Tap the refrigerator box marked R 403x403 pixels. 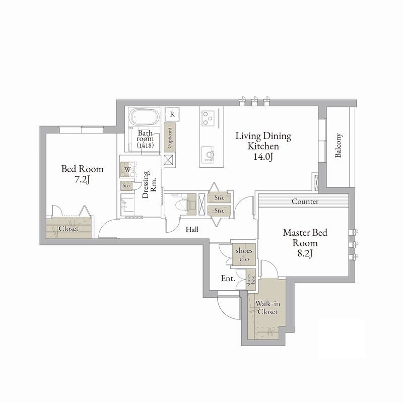pos(172,114)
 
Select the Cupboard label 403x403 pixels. pos(170,138)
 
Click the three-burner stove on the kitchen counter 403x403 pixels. pos(207,118)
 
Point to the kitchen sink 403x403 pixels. pos(208,154)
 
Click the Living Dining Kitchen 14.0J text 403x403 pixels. pos(263,146)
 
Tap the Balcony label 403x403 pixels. pos(338,145)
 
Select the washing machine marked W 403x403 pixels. pos(127,169)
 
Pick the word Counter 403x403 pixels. pos(305,201)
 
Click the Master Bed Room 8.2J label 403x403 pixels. pos(305,243)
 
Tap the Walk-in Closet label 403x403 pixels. pos(267,308)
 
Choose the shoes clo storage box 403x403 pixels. pos(244,254)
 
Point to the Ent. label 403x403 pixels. pos(228,279)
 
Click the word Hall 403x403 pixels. pos(192,229)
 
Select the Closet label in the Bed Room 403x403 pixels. pos(69,229)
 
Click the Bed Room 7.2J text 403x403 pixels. pos(82,174)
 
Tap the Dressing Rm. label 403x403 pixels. pos(150,184)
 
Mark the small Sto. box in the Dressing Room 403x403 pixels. pos(127,186)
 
